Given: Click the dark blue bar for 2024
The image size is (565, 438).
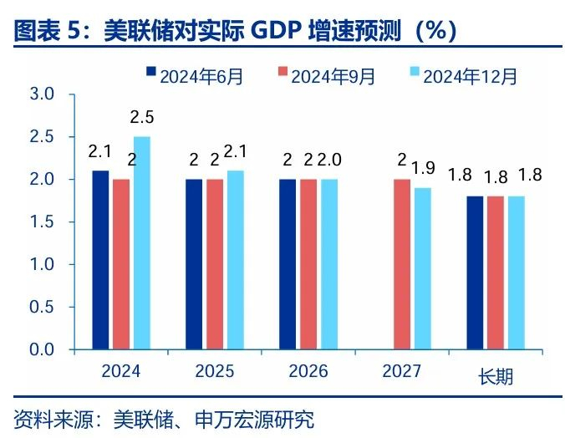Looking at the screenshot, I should [100, 259].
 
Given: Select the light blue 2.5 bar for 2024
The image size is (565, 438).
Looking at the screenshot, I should [141, 242].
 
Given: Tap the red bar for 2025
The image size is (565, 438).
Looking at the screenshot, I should [215, 263].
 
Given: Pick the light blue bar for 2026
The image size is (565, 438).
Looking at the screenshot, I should [328, 263].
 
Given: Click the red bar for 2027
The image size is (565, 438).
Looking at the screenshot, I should [402, 263].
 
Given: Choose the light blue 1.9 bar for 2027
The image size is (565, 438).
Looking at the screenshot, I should [423, 267].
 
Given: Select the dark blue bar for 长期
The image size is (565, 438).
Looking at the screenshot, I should [475, 272].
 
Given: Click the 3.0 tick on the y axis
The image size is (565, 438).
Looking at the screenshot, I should [42, 94].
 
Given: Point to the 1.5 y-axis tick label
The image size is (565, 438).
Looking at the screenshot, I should [42, 222].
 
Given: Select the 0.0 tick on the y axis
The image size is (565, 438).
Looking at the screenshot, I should [42, 349].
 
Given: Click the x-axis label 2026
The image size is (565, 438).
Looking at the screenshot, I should [308, 371].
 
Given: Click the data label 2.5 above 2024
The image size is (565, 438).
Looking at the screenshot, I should [142, 118].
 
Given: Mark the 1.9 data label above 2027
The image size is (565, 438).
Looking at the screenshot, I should [424, 168].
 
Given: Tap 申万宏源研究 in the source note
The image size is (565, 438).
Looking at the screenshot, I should [263, 418].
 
